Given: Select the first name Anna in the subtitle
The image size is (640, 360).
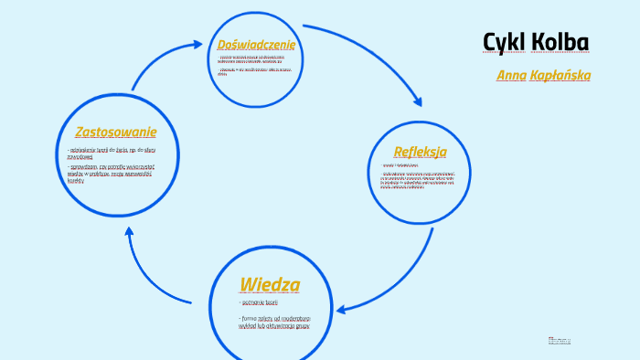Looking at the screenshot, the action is click(511, 75).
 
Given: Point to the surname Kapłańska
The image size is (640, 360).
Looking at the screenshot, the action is click(560, 75).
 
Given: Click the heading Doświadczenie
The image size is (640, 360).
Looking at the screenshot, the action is click(256, 45).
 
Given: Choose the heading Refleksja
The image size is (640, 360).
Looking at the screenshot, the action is click(420, 151).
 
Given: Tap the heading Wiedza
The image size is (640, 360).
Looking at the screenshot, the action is click(269, 284).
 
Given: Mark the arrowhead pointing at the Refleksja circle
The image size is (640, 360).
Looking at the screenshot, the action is click(418, 102).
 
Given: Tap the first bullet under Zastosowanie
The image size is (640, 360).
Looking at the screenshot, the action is click(111, 152).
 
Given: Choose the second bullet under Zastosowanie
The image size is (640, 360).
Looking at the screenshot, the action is click(111, 173).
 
